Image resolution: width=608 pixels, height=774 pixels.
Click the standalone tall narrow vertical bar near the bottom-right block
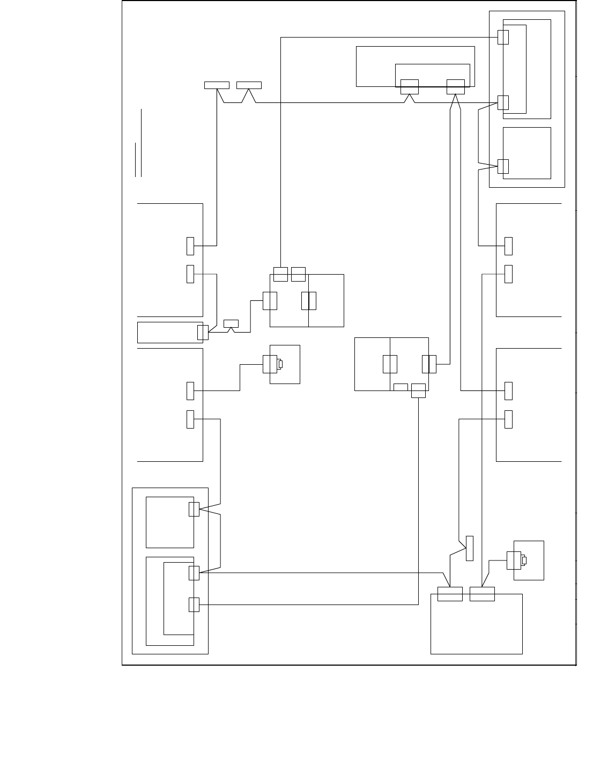pyautogui.click(x=470, y=548)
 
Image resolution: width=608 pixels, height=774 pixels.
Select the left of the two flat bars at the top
pyautogui.click(x=217, y=85)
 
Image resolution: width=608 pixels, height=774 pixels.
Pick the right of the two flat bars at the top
pyautogui.click(x=249, y=85)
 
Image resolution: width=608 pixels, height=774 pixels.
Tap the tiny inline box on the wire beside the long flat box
pyautogui.click(x=231, y=323)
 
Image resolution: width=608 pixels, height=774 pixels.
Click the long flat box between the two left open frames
pyautogui.click(x=169, y=332)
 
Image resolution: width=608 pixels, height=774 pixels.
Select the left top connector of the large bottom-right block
pyautogui.click(x=450, y=594)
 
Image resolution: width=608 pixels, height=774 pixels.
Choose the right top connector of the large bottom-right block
pyautogui.click(x=482, y=594)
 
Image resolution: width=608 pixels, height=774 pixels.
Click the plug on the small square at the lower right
pyautogui.click(x=513, y=561)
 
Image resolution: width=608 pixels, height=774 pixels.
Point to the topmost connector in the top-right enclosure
pyautogui.click(x=503, y=37)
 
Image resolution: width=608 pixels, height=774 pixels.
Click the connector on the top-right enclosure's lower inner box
pyautogui.click(x=503, y=166)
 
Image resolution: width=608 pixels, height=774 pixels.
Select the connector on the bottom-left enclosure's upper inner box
pyautogui.click(x=194, y=509)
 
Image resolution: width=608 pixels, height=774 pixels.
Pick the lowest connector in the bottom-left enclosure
pyautogui.click(x=194, y=605)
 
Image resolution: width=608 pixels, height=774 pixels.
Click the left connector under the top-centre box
pyautogui.click(x=409, y=86)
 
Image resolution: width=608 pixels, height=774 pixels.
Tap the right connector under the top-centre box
pyautogui.click(x=456, y=86)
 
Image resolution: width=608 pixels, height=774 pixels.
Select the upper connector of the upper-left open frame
pyautogui.click(x=190, y=246)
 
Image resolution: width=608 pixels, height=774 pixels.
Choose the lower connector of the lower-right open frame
pyautogui.click(x=508, y=419)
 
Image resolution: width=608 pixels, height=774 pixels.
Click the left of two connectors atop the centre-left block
pyautogui.click(x=280, y=274)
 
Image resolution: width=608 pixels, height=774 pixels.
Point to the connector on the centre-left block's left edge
pyautogui.click(x=270, y=301)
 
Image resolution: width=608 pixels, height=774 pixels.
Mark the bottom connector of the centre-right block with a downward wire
pyautogui.click(x=418, y=390)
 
